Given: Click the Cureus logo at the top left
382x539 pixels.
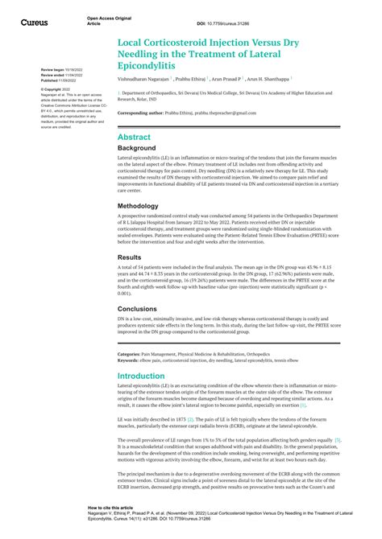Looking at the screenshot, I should [33, 22].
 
